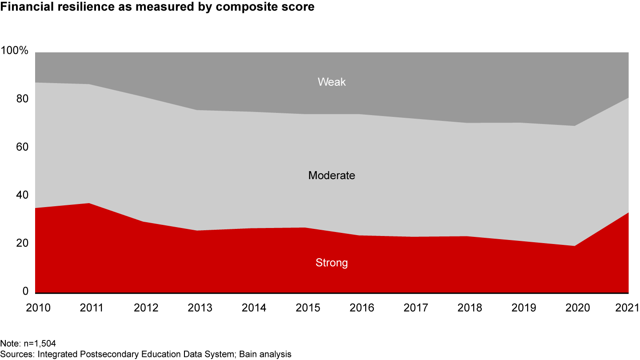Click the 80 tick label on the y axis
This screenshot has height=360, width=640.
[22, 99]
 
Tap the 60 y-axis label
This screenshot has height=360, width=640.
[22, 147]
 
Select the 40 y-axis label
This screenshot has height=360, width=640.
[22, 196]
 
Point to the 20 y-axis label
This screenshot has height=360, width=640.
[22, 244]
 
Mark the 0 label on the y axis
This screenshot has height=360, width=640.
[25, 292]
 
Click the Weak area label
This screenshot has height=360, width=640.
[332, 82]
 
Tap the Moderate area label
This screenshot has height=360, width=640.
[332, 176]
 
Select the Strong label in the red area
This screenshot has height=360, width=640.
[332, 263]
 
